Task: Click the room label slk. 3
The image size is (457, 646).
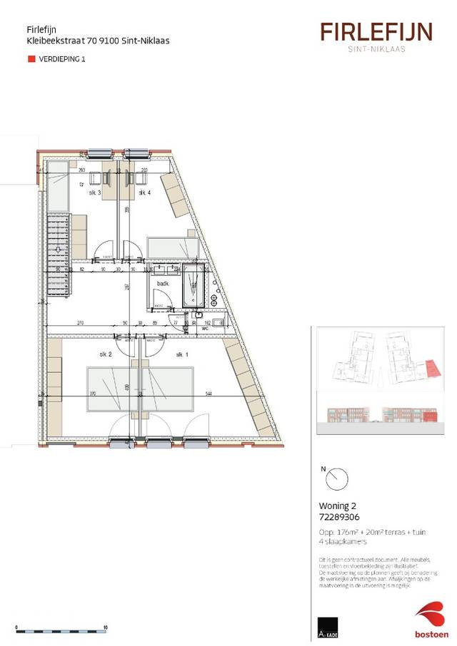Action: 95,193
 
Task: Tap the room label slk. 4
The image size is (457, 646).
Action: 144,193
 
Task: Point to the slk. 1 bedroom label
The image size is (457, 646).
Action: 182,354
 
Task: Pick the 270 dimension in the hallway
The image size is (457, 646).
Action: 81,323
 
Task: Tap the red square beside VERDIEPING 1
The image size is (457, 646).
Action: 31,60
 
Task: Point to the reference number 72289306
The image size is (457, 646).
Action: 340,518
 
